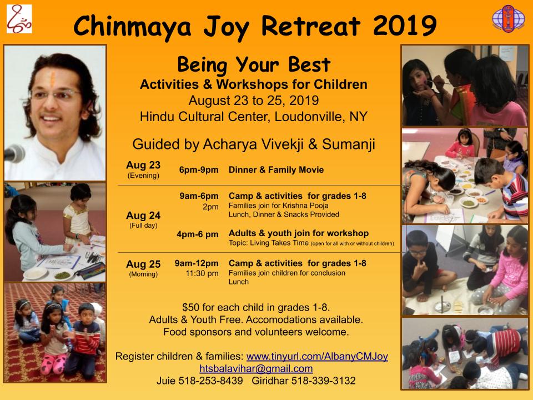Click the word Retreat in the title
[x=311, y=26]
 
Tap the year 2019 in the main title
[x=405, y=26]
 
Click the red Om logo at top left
[x=19, y=19]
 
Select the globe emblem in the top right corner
[x=509, y=19]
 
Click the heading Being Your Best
[x=254, y=64]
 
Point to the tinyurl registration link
[x=317, y=356]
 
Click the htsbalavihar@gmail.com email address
[x=256, y=368]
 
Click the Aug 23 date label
[x=143, y=165]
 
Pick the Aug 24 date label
[x=143, y=216]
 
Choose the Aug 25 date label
[x=143, y=264]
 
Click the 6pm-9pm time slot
[x=199, y=170]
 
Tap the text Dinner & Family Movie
[x=276, y=170]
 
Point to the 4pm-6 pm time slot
[x=198, y=234]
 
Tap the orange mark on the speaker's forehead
[x=53, y=78]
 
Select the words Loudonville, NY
[x=321, y=117]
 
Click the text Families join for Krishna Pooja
[x=278, y=206]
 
